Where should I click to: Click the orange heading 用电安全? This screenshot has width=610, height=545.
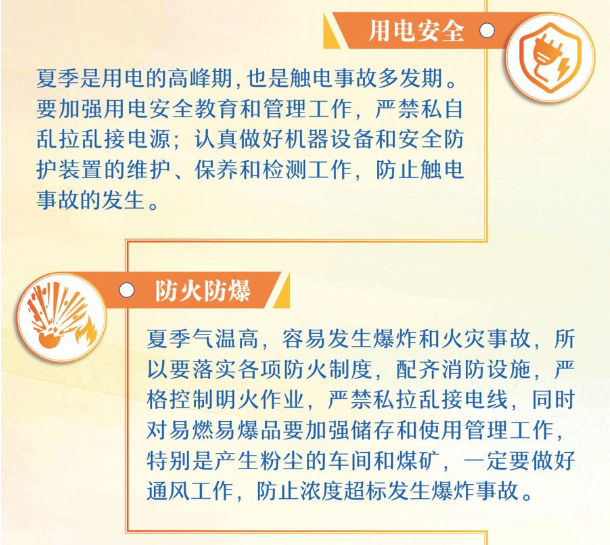[x=416, y=30]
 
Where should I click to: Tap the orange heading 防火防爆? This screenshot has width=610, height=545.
[x=203, y=290]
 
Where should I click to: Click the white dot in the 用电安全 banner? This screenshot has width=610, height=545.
[x=487, y=30]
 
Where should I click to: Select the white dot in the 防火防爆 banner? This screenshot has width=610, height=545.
[x=126, y=290]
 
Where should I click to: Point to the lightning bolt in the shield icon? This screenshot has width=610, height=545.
[x=562, y=68]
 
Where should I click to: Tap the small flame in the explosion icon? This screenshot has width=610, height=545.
[x=86, y=332]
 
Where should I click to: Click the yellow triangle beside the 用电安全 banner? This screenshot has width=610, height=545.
[x=330, y=30]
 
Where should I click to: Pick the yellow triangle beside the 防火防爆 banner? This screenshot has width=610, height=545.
[x=282, y=290]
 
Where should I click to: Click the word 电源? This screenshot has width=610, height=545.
[x=148, y=139]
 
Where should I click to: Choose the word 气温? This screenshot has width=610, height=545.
[x=215, y=339]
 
